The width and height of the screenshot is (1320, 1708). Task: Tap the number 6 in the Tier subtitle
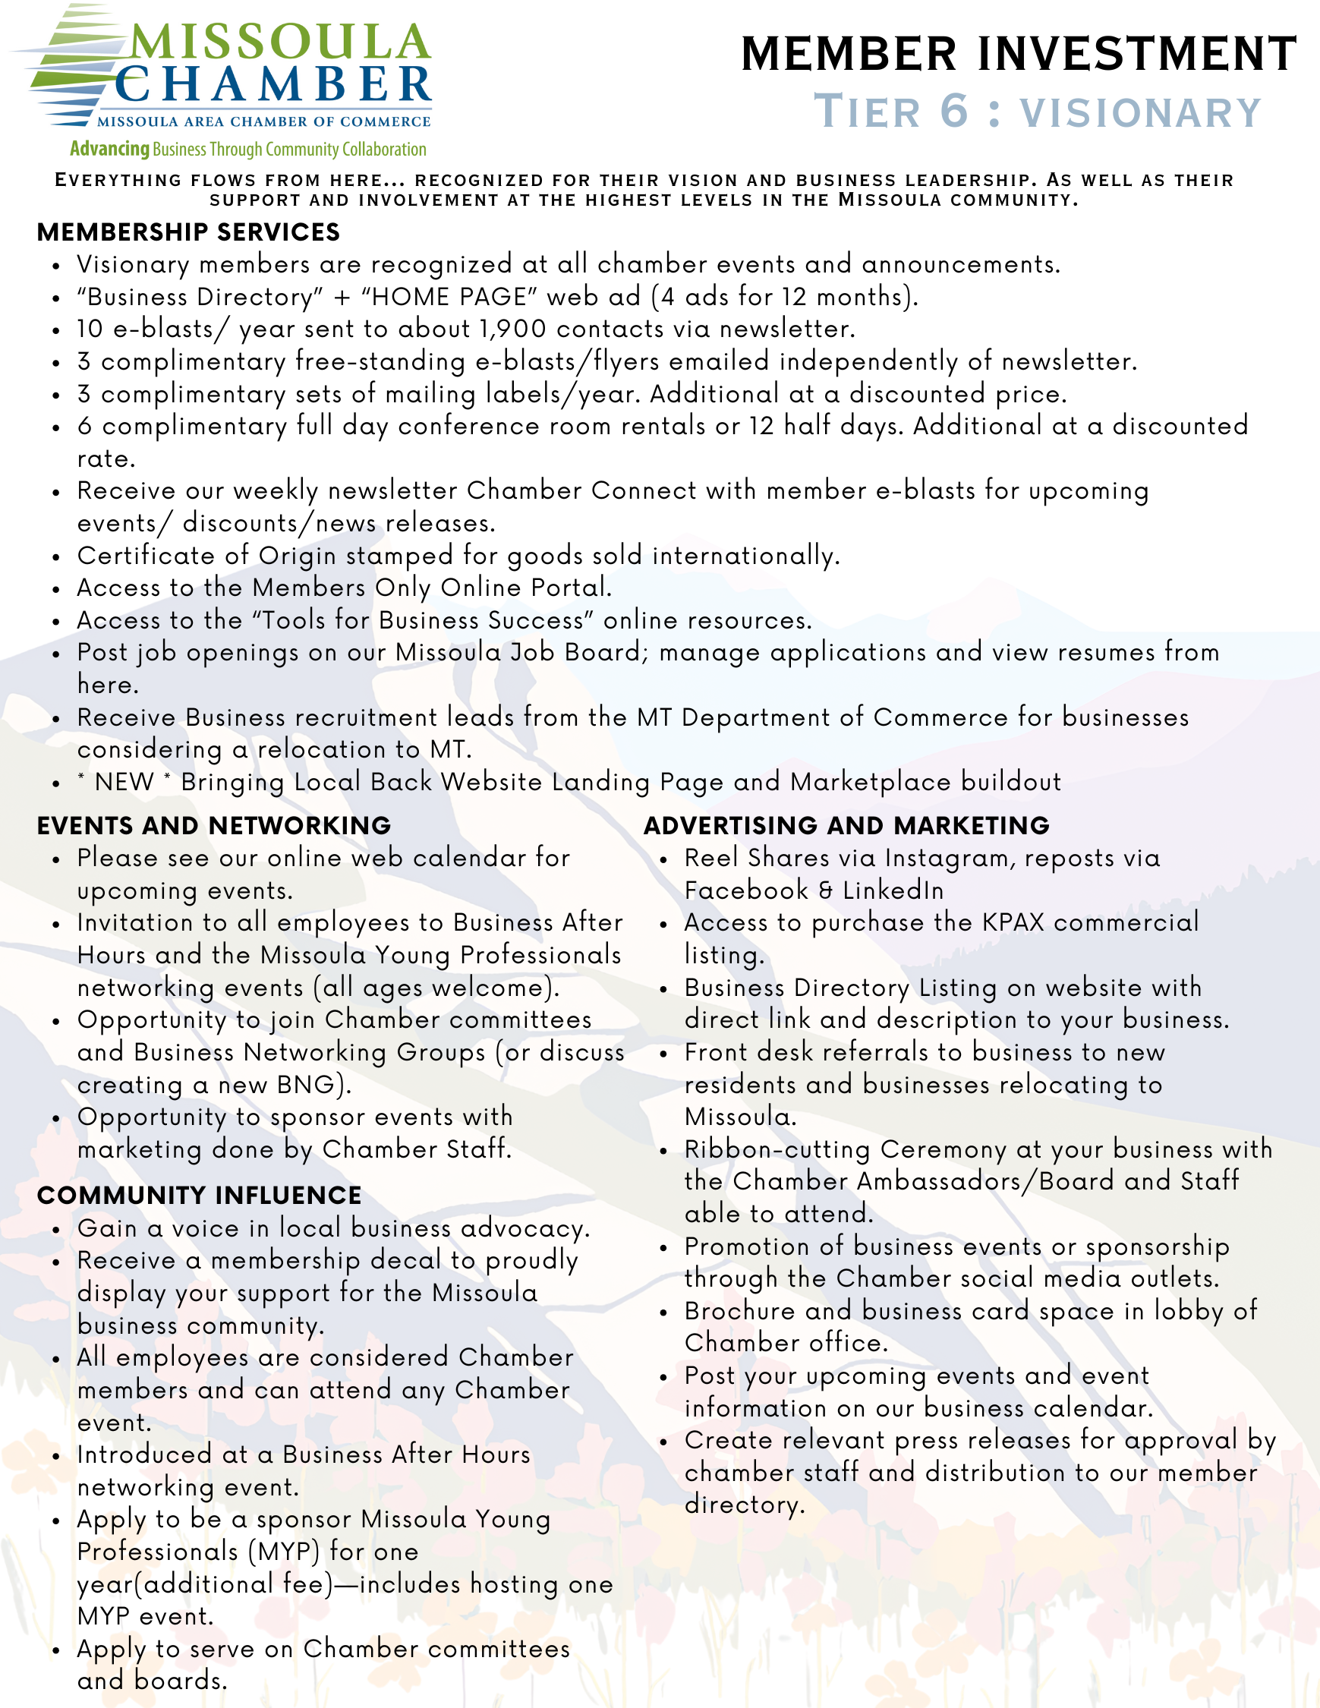click(954, 111)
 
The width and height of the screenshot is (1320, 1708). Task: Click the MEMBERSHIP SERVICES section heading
click(188, 232)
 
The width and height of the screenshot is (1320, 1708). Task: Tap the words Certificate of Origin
click(206, 555)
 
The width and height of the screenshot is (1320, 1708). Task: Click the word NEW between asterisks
click(124, 781)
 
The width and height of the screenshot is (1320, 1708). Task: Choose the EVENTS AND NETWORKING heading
click(213, 825)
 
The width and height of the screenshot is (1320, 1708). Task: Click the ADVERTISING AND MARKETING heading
click(846, 825)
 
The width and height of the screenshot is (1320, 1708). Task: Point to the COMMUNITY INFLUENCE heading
click(200, 1195)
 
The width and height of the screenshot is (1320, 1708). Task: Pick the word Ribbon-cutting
click(777, 1149)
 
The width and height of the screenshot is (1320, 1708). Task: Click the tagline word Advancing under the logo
click(109, 149)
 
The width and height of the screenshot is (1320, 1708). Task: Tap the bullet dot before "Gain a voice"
click(56, 1231)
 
